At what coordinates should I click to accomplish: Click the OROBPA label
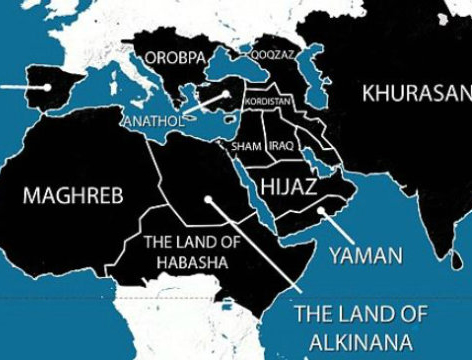coord(174,58)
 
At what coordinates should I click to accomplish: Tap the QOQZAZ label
coord(272,55)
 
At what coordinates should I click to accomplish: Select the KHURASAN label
coord(415,95)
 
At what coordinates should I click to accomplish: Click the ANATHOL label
coord(152,123)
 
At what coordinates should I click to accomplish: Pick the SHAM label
coord(246,146)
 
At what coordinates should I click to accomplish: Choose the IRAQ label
coord(280,146)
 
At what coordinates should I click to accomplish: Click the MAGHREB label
coord(73,194)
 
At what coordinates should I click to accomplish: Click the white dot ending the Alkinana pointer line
coord(208,198)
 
